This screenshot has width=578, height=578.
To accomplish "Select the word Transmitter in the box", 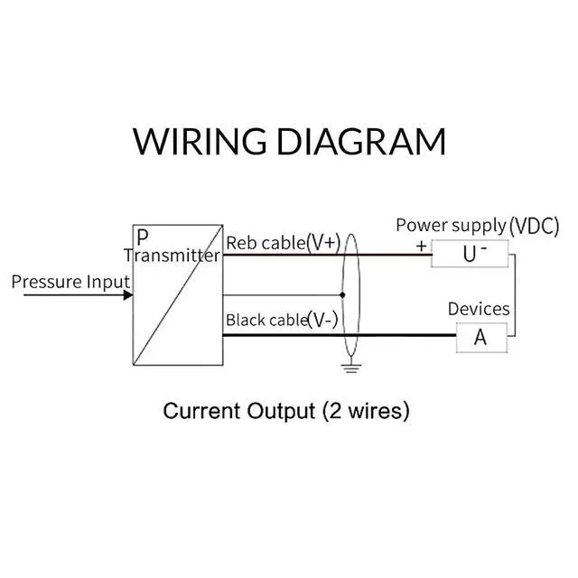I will pos(172,256).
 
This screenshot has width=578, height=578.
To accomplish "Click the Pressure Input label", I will pos(70,282).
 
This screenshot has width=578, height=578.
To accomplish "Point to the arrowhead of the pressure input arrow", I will pos(127,294).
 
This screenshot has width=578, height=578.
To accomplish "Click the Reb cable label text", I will pos(264,242).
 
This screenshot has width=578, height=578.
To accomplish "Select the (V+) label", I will pos(322,241).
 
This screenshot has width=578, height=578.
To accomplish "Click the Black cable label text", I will pos(266,320).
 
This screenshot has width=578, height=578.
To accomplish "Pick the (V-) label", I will pos(322,320).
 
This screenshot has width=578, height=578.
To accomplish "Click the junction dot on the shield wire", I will pos(343,294).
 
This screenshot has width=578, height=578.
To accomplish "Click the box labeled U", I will pos(470,254).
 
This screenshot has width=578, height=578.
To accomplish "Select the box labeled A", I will pos(480,337).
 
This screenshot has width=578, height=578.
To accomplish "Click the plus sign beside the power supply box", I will pos(421,245).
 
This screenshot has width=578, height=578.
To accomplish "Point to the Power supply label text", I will pos(450,225).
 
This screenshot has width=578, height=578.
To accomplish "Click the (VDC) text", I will pos(535,225).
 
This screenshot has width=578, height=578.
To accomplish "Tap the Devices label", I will pos(479,309).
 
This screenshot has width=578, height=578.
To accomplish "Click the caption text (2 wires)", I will pos(365,411).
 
